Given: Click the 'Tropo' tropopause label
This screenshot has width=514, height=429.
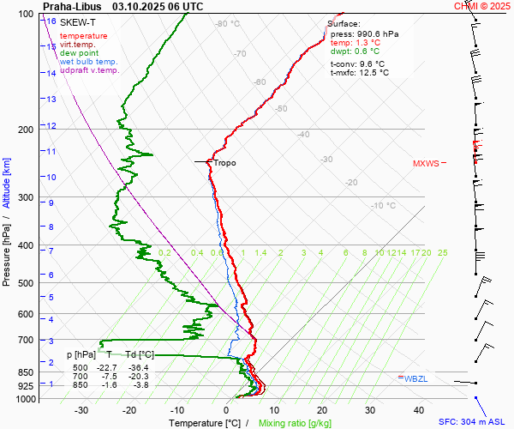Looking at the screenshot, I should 224,163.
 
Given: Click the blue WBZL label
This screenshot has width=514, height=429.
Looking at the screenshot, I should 415,378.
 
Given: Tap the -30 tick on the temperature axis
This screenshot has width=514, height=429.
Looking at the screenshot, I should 81,410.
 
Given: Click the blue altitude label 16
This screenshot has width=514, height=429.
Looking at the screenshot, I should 52,21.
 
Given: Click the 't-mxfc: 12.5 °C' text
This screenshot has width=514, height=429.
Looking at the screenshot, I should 359,72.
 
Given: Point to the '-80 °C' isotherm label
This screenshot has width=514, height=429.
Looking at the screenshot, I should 228,24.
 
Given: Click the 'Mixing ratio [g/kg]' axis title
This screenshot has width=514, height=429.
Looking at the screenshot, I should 295,423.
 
